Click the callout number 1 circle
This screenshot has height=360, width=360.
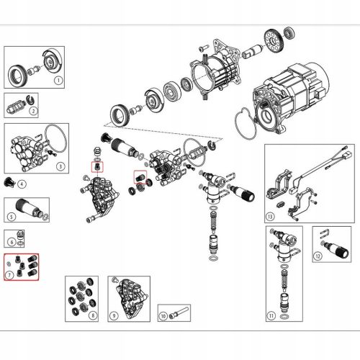60,81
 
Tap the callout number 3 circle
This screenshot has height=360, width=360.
60,165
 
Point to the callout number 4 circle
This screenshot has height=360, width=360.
22,185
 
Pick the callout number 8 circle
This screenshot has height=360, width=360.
91,315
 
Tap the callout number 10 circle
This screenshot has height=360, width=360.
163,315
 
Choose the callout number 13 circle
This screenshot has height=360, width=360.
270,215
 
